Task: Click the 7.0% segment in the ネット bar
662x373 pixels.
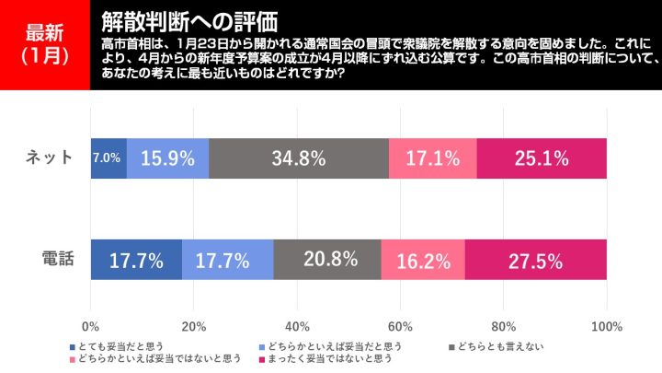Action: tap(108, 158)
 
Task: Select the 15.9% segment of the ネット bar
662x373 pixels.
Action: tap(167, 158)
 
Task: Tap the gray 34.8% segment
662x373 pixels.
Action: tap(299, 158)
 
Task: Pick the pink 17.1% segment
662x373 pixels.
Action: tap(432, 158)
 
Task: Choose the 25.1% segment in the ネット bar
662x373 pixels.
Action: tap(542, 158)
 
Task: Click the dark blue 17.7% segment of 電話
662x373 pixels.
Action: tap(136, 260)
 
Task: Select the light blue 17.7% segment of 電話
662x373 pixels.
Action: tap(227, 260)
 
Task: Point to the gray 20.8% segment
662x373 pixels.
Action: tap(326, 260)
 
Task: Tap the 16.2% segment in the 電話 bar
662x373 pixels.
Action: tap(422, 260)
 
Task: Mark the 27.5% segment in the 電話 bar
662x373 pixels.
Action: tap(535, 260)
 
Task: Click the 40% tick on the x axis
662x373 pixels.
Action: tap(297, 327)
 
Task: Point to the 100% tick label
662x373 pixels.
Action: tap(606, 327)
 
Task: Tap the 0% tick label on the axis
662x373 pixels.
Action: tap(91, 327)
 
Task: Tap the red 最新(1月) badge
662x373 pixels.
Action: tap(45, 44)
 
